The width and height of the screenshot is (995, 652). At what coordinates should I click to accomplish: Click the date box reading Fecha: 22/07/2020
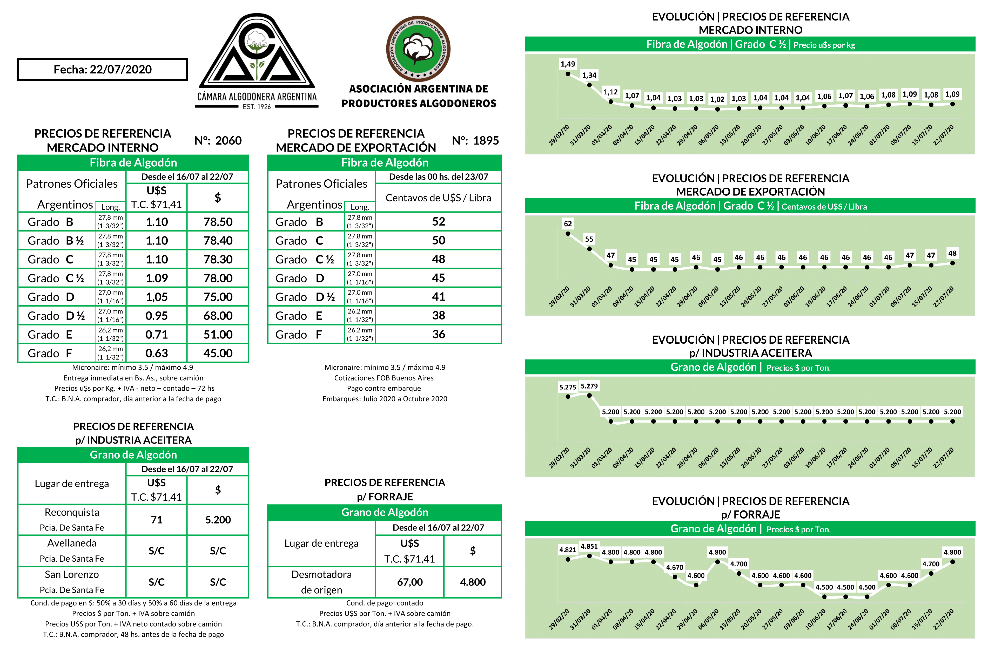102,69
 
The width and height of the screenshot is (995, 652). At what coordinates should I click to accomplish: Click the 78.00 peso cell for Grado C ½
218,278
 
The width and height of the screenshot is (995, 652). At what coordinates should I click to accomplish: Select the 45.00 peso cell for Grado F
218,354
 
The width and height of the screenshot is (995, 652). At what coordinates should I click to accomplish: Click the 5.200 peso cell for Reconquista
218,520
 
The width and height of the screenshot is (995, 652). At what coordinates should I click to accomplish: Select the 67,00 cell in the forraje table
410,582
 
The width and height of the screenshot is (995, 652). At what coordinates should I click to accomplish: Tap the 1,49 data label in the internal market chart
568,64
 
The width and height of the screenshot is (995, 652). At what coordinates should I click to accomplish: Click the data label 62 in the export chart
568,223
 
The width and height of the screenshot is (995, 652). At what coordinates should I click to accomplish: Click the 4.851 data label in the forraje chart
589,546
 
